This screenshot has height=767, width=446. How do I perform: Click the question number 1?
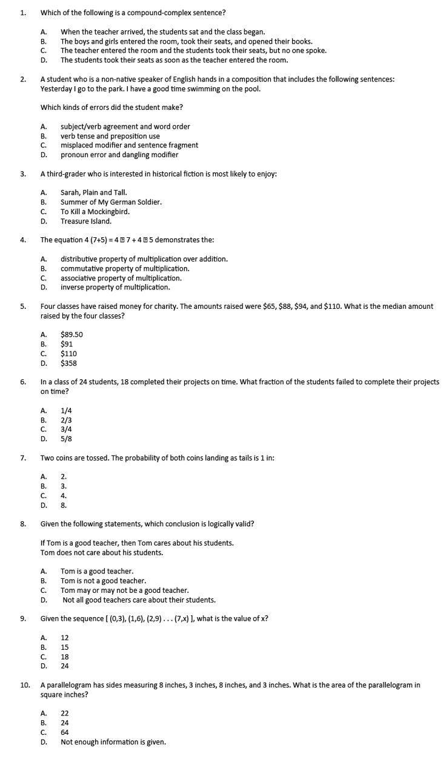tap(22, 12)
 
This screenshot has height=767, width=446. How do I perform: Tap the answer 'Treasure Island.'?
tap(86, 221)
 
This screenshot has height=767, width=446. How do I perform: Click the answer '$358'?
tap(68, 363)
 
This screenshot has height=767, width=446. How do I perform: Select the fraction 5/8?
tap(66, 439)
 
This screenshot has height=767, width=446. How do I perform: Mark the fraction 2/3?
tap(66, 419)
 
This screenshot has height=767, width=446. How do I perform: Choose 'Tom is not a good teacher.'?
tap(103, 581)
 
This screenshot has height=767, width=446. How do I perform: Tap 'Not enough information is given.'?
tap(113, 742)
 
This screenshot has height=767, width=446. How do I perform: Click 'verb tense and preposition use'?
tap(110, 136)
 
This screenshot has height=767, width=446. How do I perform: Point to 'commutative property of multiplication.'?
tap(125, 268)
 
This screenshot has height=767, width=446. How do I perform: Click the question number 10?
tap(25, 685)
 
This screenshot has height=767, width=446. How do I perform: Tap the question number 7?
tap(22, 458)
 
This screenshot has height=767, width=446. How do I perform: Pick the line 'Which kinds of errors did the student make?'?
tap(111, 107)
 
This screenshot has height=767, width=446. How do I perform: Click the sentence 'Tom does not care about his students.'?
tap(101, 552)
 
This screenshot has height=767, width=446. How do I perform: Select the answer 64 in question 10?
tap(64, 732)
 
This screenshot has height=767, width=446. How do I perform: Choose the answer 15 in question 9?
tap(64, 647)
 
